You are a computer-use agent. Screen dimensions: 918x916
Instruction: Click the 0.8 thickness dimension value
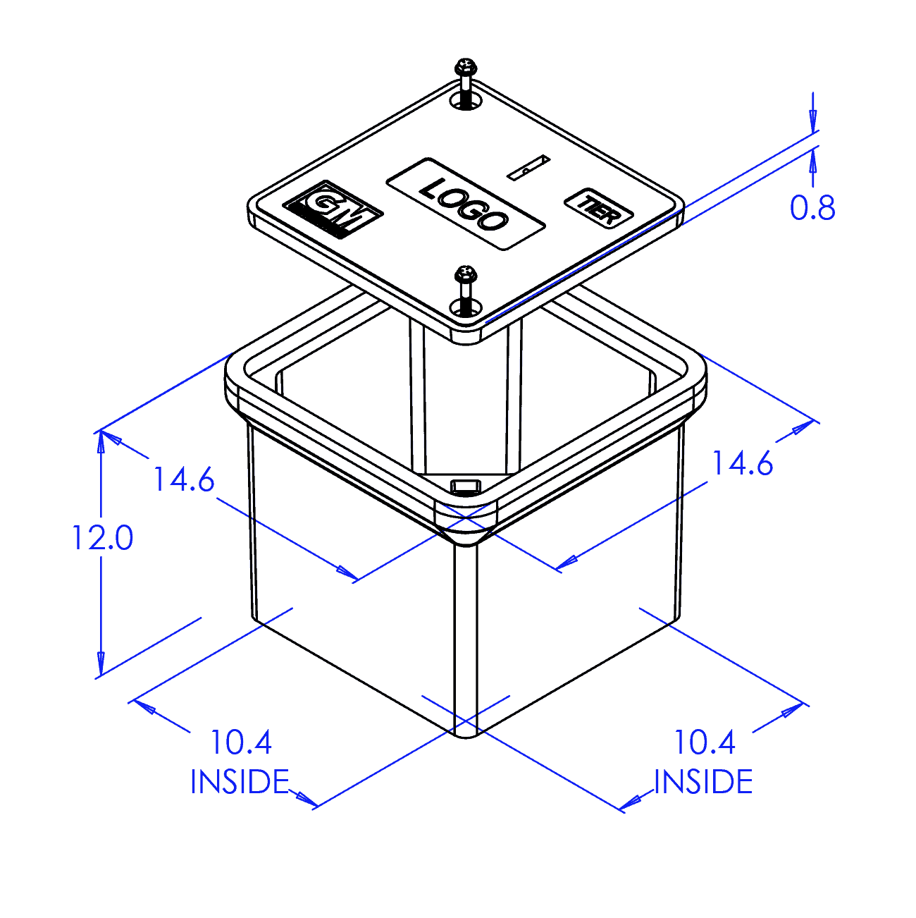pyautogui.click(x=812, y=208)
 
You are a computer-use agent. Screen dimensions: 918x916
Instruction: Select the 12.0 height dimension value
pyautogui.click(x=102, y=538)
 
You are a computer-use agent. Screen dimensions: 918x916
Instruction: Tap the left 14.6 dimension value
pyautogui.click(x=184, y=480)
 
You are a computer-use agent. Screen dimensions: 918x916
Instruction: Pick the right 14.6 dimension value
pyautogui.click(x=743, y=464)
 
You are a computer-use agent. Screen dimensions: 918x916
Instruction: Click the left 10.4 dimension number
pyautogui.click(x=241, y=742)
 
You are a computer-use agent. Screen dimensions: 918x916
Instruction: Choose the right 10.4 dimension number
pyautogui.click(x=705, y=742)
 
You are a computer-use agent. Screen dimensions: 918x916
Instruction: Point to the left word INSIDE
pyautogui.click(x=240, y=783)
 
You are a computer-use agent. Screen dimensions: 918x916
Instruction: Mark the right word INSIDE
pyautogui.click(x=703, y=783)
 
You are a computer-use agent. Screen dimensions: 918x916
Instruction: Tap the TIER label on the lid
pyautogui.click(x=598, y=209)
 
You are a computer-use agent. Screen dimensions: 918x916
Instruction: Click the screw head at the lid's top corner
pyautogui.click(x=466, y=68)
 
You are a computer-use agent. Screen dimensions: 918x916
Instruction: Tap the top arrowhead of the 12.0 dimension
pyautogui.click(x=101, y=441)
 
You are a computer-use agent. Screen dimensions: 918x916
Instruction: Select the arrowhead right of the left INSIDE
pyautogui.click(x=305, y=799)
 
